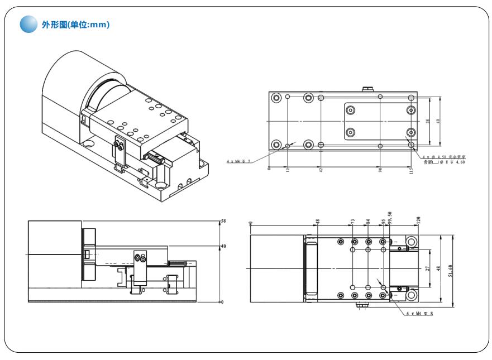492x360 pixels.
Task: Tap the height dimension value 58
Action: click(x=223, y=222)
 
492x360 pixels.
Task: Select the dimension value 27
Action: click(x=427, y=269)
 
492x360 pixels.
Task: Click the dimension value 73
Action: click(x=354, y=222)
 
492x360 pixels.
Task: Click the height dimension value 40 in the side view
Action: click(x=223, y=246)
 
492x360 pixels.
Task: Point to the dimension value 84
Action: click(x=368, y=222)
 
